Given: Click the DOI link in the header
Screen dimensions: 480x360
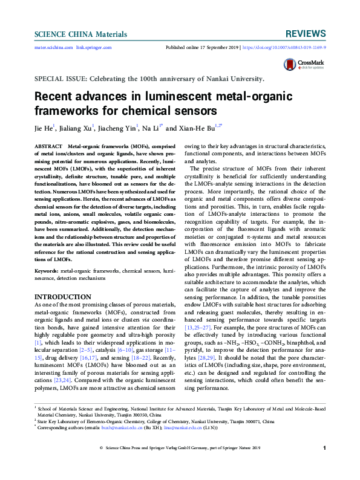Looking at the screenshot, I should tap(284, 47).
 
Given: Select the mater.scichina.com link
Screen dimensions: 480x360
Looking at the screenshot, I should tap(54, 47).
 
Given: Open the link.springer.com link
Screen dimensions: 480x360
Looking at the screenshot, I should tap(94, 47).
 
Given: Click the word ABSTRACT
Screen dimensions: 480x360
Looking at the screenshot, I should tap(48, 147).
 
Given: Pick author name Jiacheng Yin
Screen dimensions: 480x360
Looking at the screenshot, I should tap(119, 129).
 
